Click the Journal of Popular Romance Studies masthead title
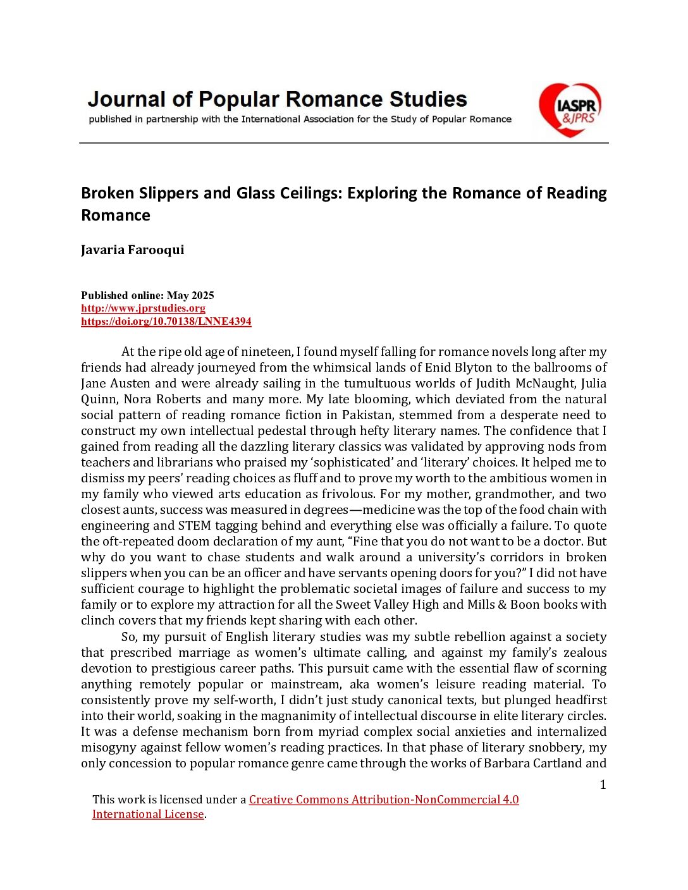pos(277,99)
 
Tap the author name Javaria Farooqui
pos(133,250)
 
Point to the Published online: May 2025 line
pos(147,295)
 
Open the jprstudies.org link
pos(143,308)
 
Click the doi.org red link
pos(166,322)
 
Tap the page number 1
pos(603,785)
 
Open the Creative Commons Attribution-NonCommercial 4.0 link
pos(384,800)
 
